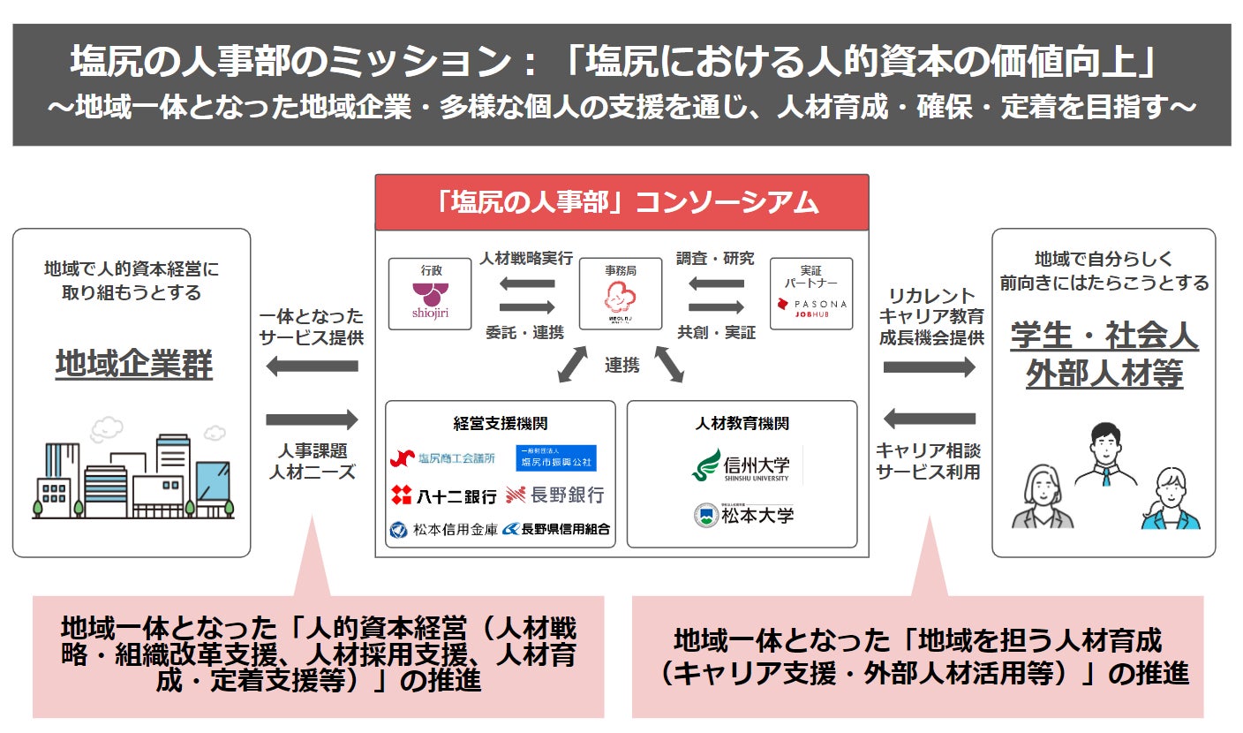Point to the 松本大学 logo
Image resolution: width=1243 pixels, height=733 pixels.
[743, 514]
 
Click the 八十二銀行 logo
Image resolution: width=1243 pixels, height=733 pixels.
[443, 496]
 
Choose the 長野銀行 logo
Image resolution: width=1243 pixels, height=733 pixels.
[555, 495]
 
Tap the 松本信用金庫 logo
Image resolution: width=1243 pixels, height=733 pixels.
[442, 530]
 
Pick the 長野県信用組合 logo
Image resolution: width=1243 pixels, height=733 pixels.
[556, 530]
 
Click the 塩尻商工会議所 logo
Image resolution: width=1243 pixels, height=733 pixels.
[443, 457]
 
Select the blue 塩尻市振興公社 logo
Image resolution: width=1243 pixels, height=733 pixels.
[555, 457]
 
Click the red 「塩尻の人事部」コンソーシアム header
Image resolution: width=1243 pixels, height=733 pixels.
[621, 202]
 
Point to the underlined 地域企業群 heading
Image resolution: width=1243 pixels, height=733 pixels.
[134, 364]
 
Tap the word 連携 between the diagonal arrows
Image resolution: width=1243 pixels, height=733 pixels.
[621, 365]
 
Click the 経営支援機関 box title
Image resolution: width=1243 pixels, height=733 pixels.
[500, 424]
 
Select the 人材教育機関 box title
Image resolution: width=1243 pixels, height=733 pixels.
[742, 424]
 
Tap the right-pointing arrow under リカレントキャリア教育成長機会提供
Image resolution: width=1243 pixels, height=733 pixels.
[930, 366]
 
